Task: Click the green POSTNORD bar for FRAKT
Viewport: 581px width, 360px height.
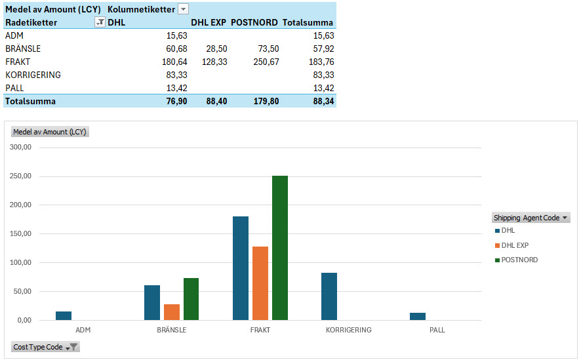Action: (x=279, y=248)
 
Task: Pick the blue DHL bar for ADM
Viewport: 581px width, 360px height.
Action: (x=64, y=315)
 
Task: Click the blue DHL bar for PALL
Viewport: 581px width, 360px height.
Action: (x=418, y=316)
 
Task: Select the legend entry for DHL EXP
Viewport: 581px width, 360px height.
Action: (x=515, y=245)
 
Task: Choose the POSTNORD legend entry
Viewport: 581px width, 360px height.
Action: (x=519, y=260)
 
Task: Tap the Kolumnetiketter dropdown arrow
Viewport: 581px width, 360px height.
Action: (x=184, y=9)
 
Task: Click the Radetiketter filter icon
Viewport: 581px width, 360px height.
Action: (x=100, y=22)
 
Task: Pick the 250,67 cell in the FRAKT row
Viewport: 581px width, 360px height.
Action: (x=266, y=62)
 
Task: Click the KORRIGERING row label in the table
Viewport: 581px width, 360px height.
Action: (x=33, y=75)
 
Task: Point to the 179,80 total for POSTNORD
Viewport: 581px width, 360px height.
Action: (x=266, y=101)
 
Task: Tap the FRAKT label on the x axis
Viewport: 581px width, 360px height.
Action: (x=260, y=330)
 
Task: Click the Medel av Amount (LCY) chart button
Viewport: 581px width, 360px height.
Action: (x=50, y=132)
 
